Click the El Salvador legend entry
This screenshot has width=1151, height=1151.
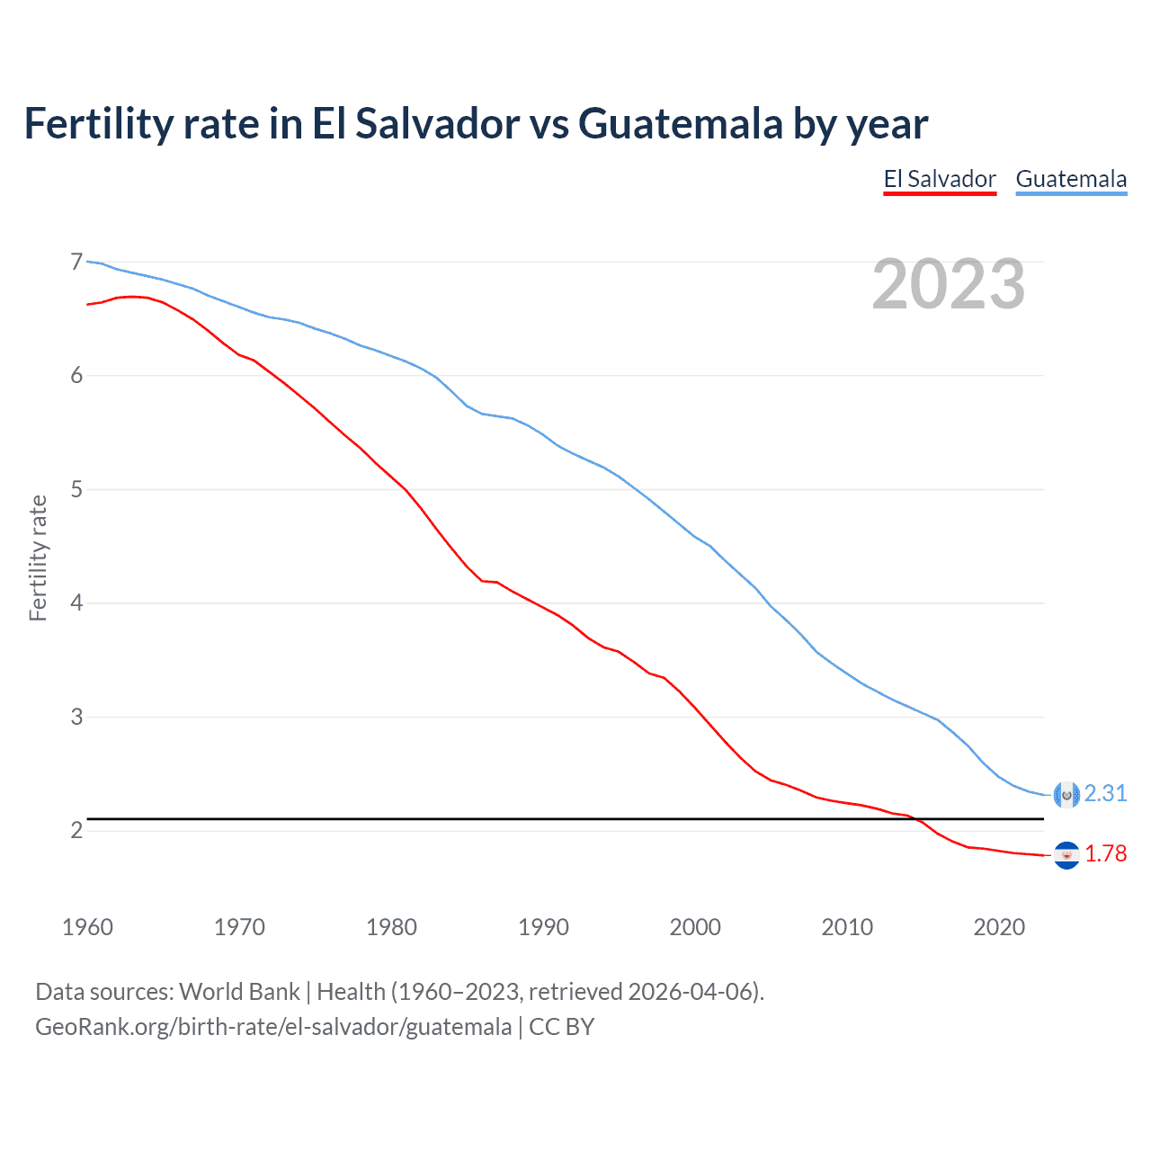940,179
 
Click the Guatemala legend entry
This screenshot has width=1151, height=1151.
1071,179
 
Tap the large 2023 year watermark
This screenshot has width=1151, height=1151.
949,284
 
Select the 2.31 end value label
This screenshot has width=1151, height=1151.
1105,793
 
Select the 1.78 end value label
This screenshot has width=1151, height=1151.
1105,853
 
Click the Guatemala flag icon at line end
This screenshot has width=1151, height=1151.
1066,794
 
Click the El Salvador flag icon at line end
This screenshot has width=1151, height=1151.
1066,855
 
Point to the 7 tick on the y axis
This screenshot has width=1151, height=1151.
76,262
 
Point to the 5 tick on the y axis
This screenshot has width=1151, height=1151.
76,489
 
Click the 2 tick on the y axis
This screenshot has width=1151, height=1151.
76,830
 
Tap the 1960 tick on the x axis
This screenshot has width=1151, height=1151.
87,927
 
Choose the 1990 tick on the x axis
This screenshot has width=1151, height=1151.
543,927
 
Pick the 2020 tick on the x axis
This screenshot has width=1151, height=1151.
999,927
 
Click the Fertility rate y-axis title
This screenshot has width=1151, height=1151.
38,558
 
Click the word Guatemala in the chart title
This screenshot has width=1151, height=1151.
680,123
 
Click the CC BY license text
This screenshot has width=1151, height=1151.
562,1027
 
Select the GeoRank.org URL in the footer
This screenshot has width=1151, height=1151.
273,1027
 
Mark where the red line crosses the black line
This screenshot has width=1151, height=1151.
915,818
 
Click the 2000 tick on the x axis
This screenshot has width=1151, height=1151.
695,927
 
